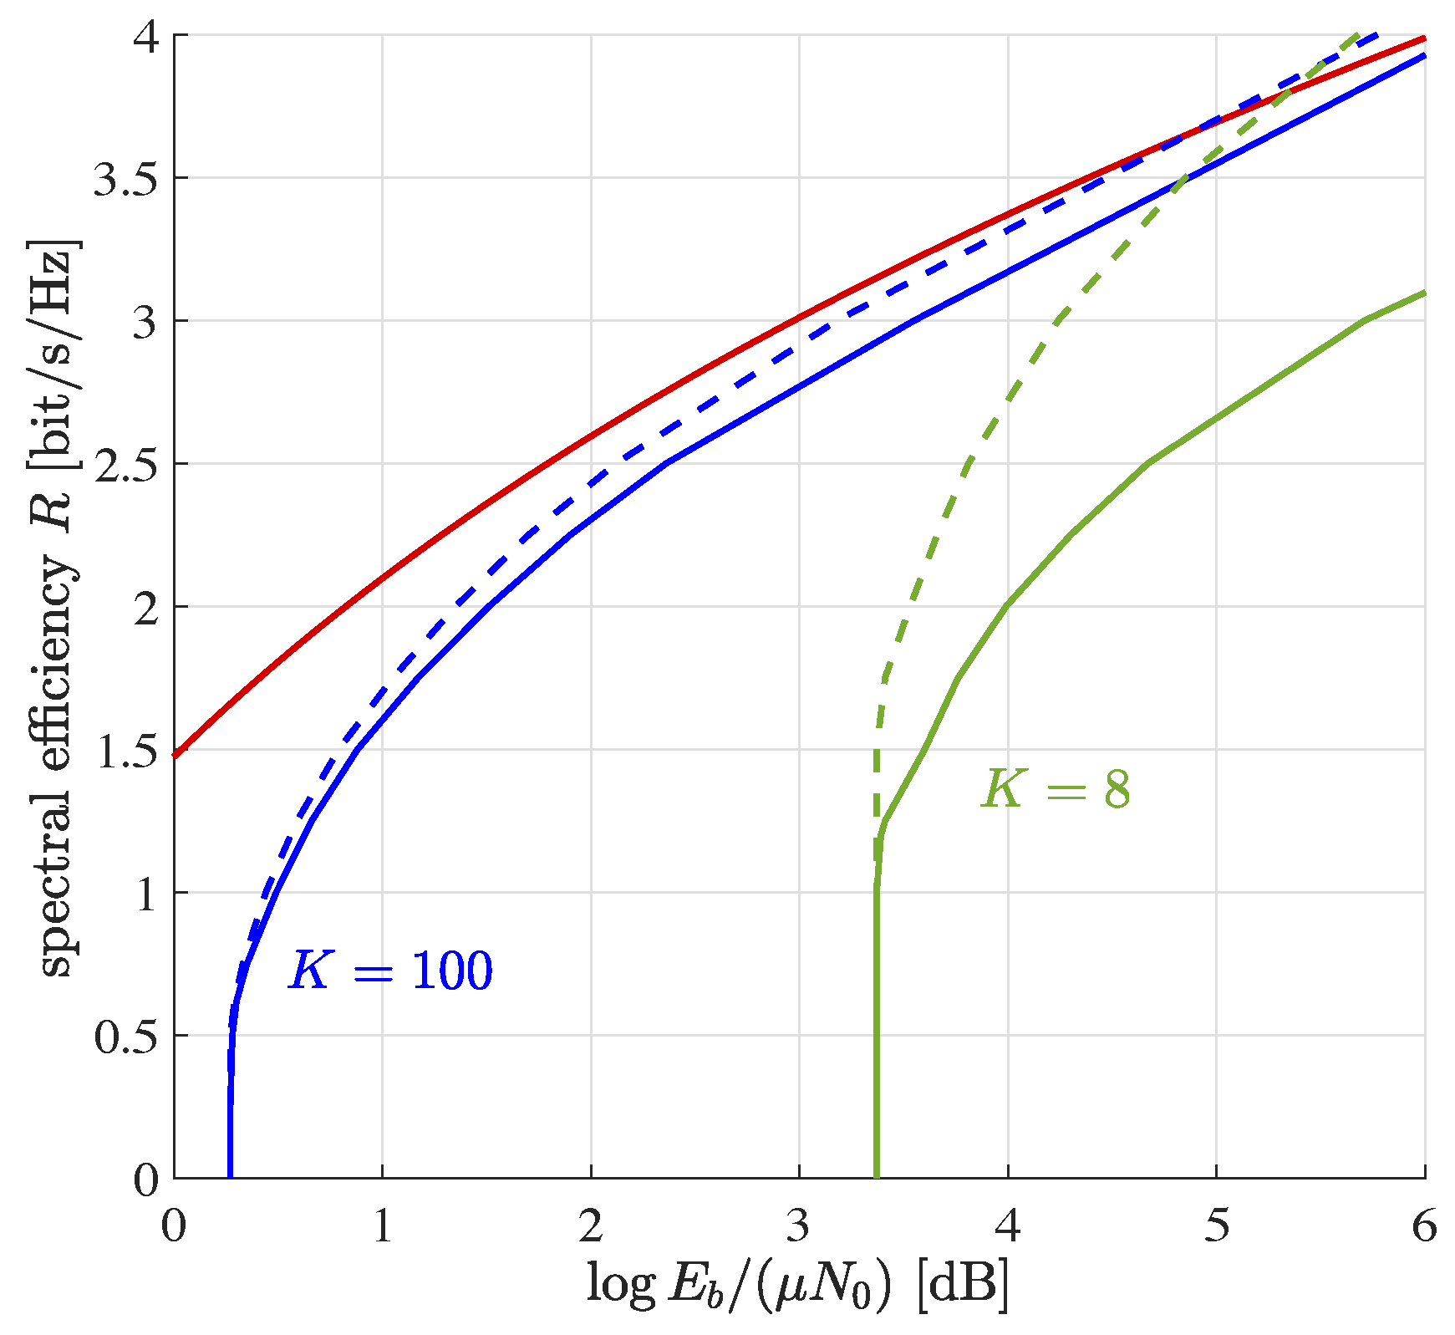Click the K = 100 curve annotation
click(390, 971)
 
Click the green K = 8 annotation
click(1056, 788)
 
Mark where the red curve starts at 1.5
click(176, 755)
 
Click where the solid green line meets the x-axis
click(876, 1177)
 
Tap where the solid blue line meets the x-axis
click(230, 1177)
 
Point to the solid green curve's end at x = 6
click(1423, 293)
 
